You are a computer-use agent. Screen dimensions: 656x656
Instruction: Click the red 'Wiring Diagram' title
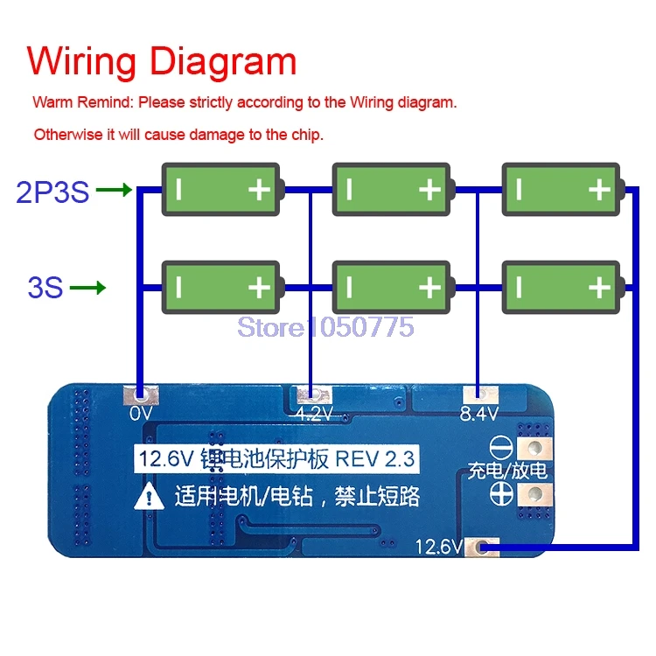162,62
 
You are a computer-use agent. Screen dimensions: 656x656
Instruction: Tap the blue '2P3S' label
52,192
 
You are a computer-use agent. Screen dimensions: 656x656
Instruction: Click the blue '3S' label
45,287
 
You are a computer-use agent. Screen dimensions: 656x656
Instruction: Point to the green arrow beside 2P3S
114,189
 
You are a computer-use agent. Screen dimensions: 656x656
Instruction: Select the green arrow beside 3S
87,286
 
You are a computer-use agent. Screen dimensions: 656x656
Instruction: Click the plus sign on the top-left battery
259,190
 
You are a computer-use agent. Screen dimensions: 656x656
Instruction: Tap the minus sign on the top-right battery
519,190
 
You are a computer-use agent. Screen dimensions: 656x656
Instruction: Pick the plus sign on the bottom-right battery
598,287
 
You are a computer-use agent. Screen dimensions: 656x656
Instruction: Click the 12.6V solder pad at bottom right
479,548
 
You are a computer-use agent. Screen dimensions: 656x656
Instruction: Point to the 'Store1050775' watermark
326,328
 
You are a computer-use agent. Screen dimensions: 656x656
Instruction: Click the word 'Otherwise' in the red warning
64,135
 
